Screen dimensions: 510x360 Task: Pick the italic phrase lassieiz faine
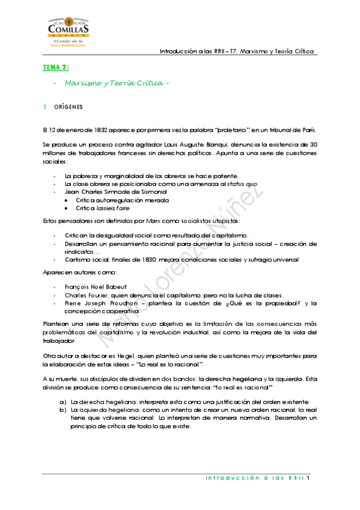click(116, 207)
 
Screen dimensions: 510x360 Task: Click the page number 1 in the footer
click(308, 479)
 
